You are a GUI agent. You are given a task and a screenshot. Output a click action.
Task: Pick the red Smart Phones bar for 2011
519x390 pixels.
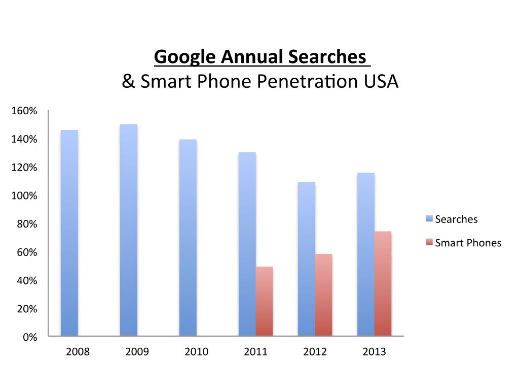point(264,301)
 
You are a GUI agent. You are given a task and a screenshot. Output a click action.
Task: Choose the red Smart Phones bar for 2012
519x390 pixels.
point(323,295)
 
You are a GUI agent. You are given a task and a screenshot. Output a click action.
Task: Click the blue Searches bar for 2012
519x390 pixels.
point(306,258)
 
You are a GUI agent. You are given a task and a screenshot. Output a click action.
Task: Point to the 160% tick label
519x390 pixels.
point(24,111)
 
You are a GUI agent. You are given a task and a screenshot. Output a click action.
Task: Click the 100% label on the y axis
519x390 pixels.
point(24,196)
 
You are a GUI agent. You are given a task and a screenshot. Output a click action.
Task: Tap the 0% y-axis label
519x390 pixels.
point(30,337)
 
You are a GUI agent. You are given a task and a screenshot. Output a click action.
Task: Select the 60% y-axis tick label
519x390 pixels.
point(26,252)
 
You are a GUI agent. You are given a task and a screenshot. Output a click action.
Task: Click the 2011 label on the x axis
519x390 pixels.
point(255,352)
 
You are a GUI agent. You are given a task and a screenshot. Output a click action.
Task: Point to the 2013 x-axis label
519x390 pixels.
point(374,352)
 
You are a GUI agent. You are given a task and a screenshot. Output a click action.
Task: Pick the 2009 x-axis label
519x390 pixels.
point(137,352)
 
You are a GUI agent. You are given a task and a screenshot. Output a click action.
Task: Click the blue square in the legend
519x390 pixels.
point(429,219)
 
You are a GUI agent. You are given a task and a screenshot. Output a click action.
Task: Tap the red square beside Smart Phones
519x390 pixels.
point(429,243)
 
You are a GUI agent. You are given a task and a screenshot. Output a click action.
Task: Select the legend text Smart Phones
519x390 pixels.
point(468,243)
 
